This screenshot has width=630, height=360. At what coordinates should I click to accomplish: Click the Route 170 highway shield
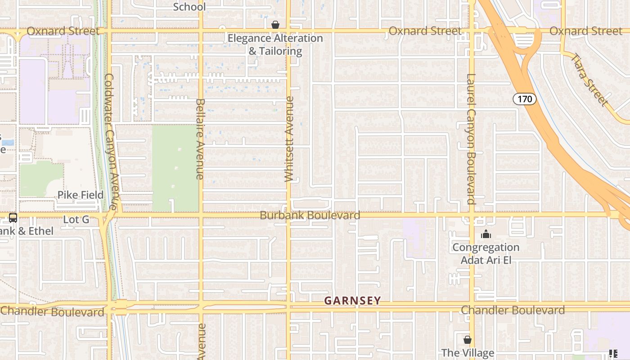[525, 99]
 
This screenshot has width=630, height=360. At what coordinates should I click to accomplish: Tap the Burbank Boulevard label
[310, 215]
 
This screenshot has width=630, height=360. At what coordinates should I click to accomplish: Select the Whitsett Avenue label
[289, 139]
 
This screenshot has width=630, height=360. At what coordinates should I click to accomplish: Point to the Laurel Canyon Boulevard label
[471, 139]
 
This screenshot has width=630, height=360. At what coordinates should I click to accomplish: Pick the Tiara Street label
[589, 80]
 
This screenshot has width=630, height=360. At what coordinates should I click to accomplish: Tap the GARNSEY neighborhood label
[352, 301]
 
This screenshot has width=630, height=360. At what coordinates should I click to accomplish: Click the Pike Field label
[80, 195]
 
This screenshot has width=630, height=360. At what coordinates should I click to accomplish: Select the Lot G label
[76, 220]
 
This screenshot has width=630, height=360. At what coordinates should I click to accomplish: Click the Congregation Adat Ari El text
[486, 254]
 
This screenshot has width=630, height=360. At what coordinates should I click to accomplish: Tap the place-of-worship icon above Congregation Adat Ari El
[486, 234]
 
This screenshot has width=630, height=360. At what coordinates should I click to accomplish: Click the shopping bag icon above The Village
[468, 339]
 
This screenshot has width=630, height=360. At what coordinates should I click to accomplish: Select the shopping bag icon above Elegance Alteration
[275, 25]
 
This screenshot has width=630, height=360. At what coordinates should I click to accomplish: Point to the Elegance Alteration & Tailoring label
[275, 45]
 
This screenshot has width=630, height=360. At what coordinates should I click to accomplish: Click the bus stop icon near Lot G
[13, 218]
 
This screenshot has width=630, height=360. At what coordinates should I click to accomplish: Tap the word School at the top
[189, 7]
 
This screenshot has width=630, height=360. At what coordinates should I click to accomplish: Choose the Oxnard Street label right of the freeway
[586, 31]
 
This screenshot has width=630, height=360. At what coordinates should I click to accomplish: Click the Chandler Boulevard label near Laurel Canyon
[513, 310]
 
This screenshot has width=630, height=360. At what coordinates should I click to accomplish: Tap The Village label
[468, 353]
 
